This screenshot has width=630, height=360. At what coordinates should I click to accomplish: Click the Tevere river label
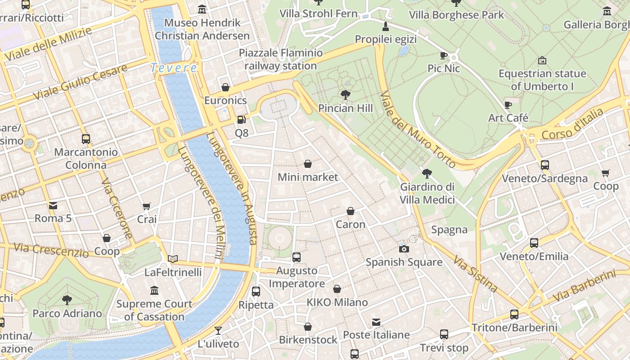pos(174,68)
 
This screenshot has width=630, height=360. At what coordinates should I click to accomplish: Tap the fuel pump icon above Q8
pos(242,120)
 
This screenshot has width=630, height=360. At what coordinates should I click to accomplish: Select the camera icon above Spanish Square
pos(404,249)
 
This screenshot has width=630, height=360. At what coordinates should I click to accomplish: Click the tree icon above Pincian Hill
pos(345,94)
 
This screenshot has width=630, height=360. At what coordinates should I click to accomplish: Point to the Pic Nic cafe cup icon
pos(444,55)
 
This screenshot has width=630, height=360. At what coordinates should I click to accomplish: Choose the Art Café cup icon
pos(508,105)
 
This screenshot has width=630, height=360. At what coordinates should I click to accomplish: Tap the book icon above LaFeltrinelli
pos(173,259)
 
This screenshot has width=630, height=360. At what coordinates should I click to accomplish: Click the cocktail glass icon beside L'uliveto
pos(218,331)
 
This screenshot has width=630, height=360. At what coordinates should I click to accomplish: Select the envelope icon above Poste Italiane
pos(376,322)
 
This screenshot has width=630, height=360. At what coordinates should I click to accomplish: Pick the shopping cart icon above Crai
pos(146,206)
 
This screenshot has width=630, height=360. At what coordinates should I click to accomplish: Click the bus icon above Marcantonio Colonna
pos(86,139)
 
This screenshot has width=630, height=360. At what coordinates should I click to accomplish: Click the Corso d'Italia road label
pos(572,124)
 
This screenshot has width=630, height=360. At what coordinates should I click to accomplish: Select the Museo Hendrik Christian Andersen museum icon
pos(202,9)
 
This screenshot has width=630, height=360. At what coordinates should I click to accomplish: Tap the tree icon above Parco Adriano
pos(67,300)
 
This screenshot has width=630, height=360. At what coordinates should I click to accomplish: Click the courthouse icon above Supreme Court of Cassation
pos(154,291)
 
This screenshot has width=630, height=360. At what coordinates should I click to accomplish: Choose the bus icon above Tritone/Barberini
pos(514,315)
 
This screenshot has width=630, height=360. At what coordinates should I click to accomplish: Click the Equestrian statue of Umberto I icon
pos(542,60)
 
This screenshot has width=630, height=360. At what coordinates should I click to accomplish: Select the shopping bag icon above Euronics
pos(225,87)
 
